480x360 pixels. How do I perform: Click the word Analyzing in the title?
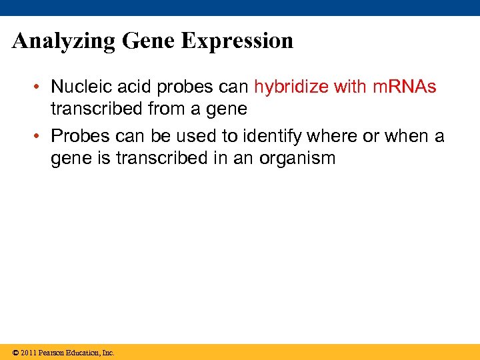click(x=65, y=41)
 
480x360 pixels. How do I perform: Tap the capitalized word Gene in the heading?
click(x=150, y=41)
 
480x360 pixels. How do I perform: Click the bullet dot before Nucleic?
click(x=41, y=87)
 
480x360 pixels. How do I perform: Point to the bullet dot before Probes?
click(x=41, y=137)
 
